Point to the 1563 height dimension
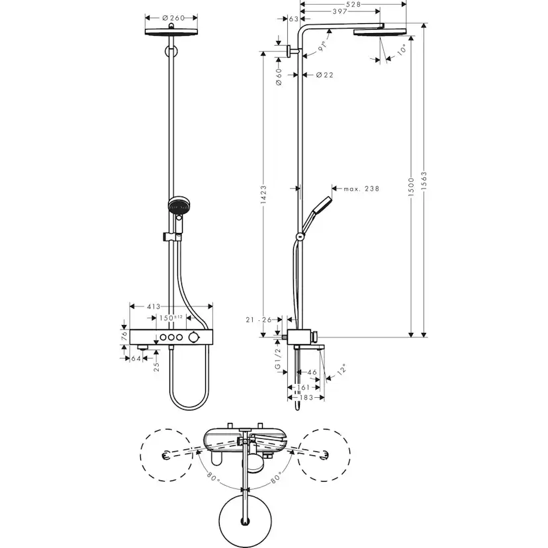pos(424,180)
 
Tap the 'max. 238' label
pos(361,189)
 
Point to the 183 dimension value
pos(305,399)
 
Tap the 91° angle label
pos(323,46)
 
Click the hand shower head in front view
pos(178,206)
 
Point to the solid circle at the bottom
pos(246,516)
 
